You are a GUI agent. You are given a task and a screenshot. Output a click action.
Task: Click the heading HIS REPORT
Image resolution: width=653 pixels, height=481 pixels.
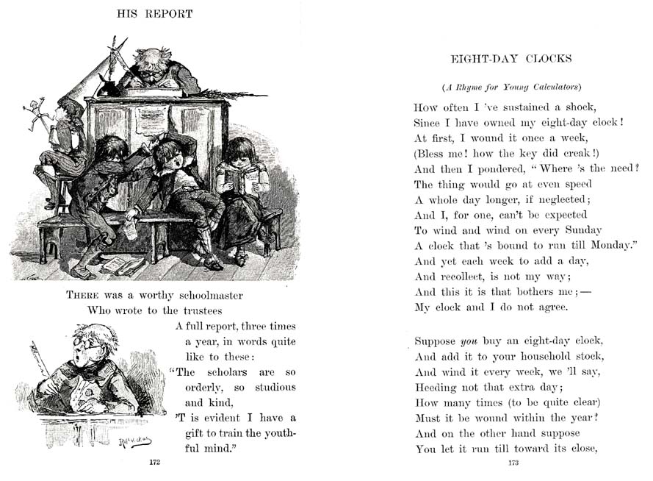(155, 13)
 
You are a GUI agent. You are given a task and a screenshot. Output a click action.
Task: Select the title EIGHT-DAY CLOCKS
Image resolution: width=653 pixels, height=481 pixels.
(511, 59)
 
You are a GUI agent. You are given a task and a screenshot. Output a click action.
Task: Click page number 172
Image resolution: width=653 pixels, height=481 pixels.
(154, 462)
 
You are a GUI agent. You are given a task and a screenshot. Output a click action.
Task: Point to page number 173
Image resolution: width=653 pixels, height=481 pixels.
(514, 463)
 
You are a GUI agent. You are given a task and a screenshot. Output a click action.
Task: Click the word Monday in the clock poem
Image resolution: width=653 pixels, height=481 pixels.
(610, 246)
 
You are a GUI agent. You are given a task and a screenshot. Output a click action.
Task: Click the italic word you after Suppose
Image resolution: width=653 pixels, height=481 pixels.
(469, 341)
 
